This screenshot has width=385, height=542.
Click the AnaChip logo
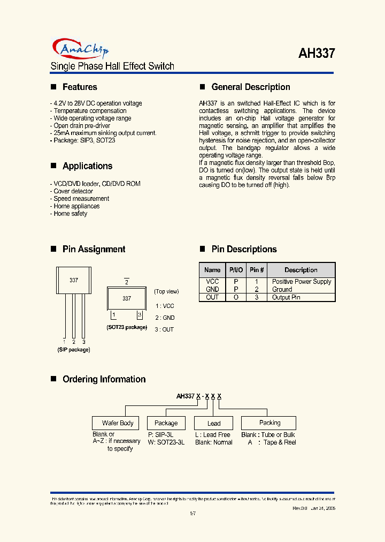coord(80,49)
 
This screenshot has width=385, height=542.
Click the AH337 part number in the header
coord(317,54)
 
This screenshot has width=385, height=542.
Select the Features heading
coord(80,87)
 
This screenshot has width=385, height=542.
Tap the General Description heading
coord(250,87)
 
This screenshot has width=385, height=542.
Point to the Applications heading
coord(87,166)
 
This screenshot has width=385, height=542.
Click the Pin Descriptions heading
coord(244,249)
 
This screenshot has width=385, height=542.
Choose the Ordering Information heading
coord(104,379)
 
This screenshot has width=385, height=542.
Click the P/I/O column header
coord(236,270)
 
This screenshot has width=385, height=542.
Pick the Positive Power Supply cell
coord(301,282)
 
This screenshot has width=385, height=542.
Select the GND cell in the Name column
coord(212,289)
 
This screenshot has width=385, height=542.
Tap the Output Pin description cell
coord(286,297)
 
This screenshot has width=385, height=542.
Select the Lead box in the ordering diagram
coord(214,423)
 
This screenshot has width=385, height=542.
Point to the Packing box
coord(269,423)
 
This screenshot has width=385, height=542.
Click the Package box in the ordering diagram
coord(166,423)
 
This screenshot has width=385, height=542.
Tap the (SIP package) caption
coord(74,350)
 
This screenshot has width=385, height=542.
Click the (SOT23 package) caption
coord(127,327)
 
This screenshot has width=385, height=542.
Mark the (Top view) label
coord(166,291)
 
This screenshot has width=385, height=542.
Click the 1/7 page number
coord(192,514)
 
